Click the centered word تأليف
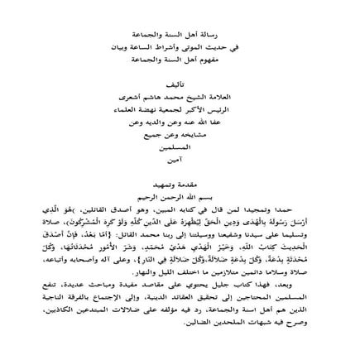[181, 60]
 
